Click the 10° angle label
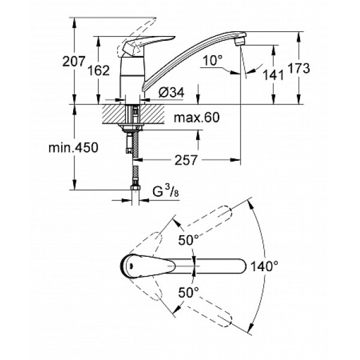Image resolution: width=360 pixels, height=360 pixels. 213,61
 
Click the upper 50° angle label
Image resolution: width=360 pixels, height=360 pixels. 188,239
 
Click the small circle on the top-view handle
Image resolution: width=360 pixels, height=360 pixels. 130,265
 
